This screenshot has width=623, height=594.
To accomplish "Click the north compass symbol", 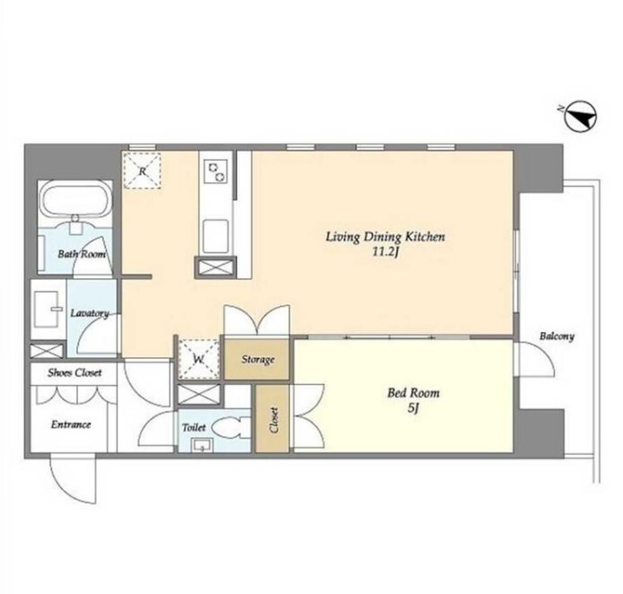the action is tap(581, 117).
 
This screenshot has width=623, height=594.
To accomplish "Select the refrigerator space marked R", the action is tap(142, 170).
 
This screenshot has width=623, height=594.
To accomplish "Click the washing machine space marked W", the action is tap(198, 359).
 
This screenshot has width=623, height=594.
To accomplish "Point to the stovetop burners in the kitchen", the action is tap(215, 171).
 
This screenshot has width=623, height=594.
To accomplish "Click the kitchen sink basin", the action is tap(215, 236).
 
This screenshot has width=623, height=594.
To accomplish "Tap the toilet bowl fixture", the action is tap(232, 428).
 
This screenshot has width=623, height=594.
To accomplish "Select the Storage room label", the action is tap(258, 360).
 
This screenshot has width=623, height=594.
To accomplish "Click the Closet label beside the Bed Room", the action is tap(273, 420).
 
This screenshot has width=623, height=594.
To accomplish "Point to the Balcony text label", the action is tap(557, 336).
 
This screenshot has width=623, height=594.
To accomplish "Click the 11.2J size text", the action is tap(385, 252).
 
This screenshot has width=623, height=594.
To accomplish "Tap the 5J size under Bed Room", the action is tap(413, 408).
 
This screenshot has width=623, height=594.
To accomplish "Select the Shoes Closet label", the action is tap(75, 373).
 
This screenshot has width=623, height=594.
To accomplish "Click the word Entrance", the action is tap(71, 424).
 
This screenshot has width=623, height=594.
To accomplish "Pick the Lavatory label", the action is tap(90, 313).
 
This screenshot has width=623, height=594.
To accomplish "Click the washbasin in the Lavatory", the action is tap(48, 309).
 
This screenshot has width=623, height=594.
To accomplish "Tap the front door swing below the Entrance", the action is tap(74, 479).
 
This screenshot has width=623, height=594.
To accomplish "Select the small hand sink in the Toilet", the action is tap(202, 445).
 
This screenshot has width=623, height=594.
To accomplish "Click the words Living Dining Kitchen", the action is tap(385, 237).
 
